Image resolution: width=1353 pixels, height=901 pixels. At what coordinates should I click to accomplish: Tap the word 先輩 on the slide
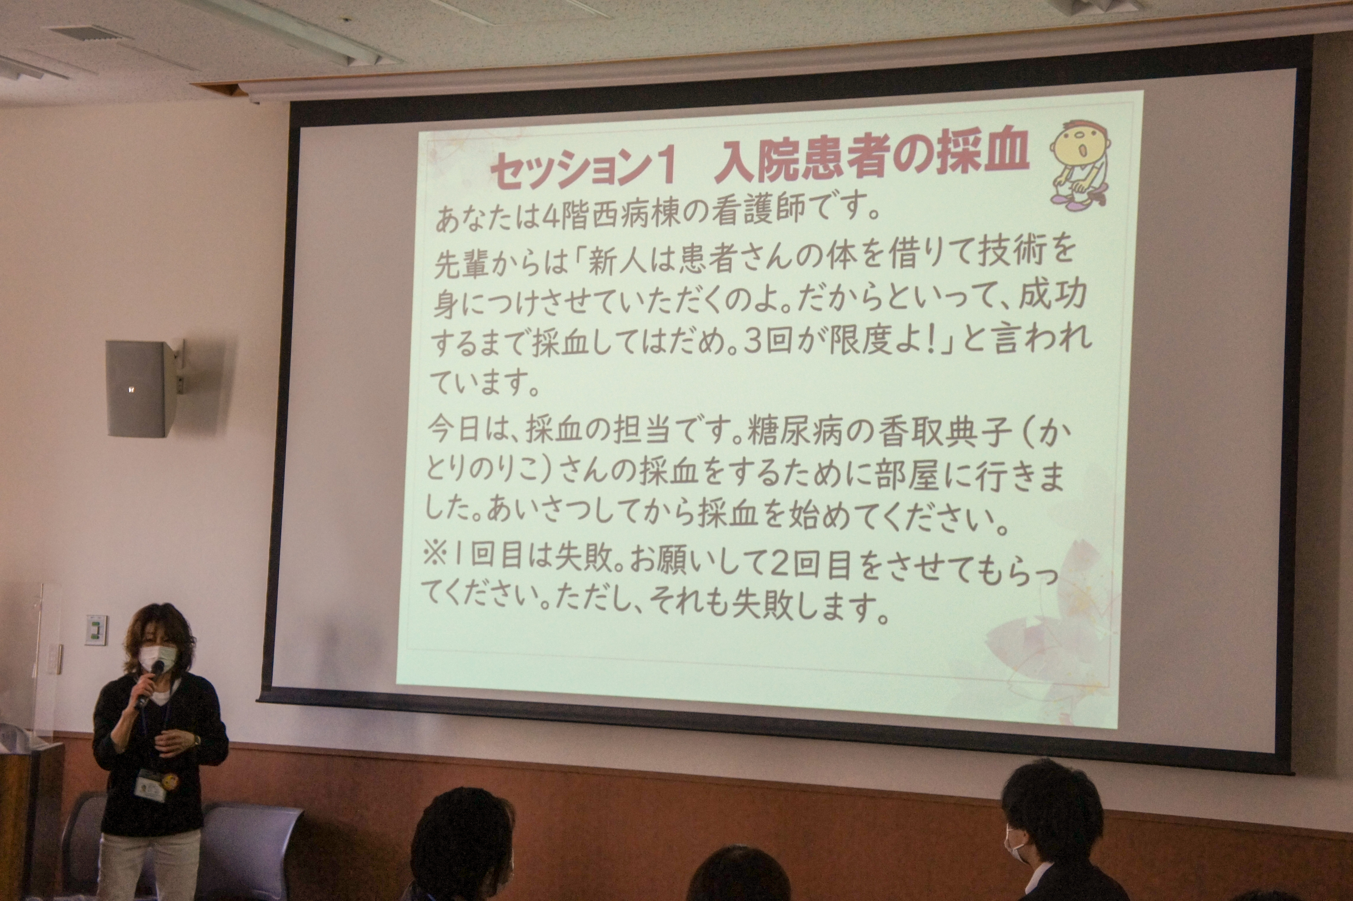(459, 264)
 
